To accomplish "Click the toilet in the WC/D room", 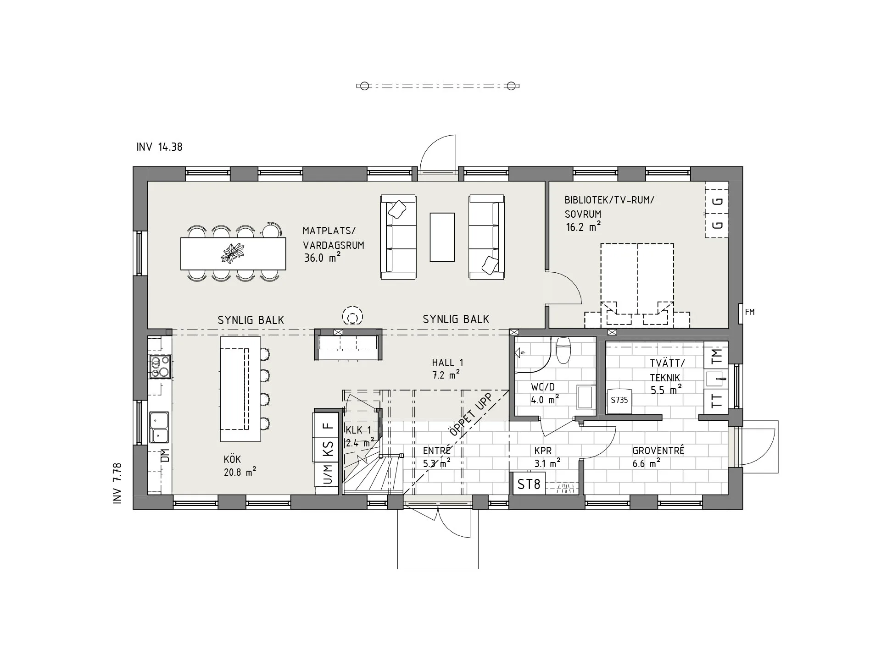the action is point(563,350).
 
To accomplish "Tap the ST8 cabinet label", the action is point(529,484).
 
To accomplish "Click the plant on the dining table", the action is point(233,253).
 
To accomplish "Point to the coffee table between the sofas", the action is point(442,237).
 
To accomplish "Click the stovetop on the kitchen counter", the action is point(159,367).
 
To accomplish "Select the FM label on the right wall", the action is point(750,312).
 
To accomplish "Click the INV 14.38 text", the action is point(159,147).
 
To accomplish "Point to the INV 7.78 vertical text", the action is point(117,484).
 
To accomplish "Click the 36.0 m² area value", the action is point(322,258).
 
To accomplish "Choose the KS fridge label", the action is point(328,449).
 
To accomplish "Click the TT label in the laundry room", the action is point(716,401).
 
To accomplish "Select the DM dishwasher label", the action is point(165,455).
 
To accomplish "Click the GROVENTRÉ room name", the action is point(658,451).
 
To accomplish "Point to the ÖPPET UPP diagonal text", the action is point(470,415).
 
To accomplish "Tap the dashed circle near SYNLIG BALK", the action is point(352,316).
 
